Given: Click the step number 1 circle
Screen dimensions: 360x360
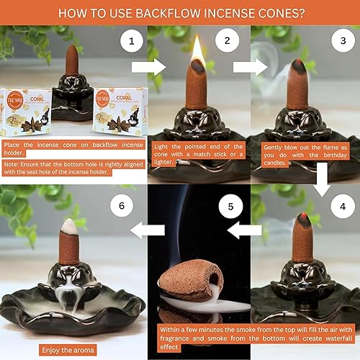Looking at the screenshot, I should [x=131, y=42].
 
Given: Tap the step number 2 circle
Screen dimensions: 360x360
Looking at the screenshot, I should [x=227, y=42].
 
